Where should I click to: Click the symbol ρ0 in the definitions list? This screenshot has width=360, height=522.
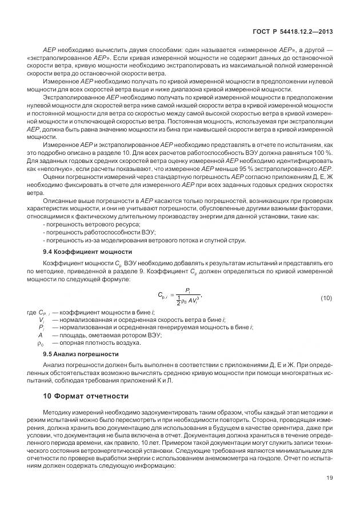(x=41, y=342)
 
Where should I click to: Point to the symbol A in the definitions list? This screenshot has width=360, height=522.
(x=40, y=335)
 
